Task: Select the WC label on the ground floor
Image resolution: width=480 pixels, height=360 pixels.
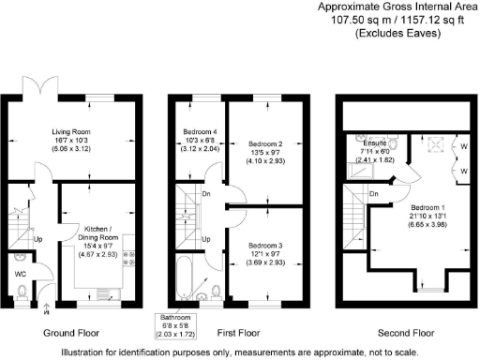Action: pos(20,274)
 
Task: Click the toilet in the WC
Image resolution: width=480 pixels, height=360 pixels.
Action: pos(20,292)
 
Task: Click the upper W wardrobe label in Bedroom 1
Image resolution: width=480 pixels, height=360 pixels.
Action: pos(463,145)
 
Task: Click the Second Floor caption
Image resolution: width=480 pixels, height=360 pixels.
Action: pos(405,333)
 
